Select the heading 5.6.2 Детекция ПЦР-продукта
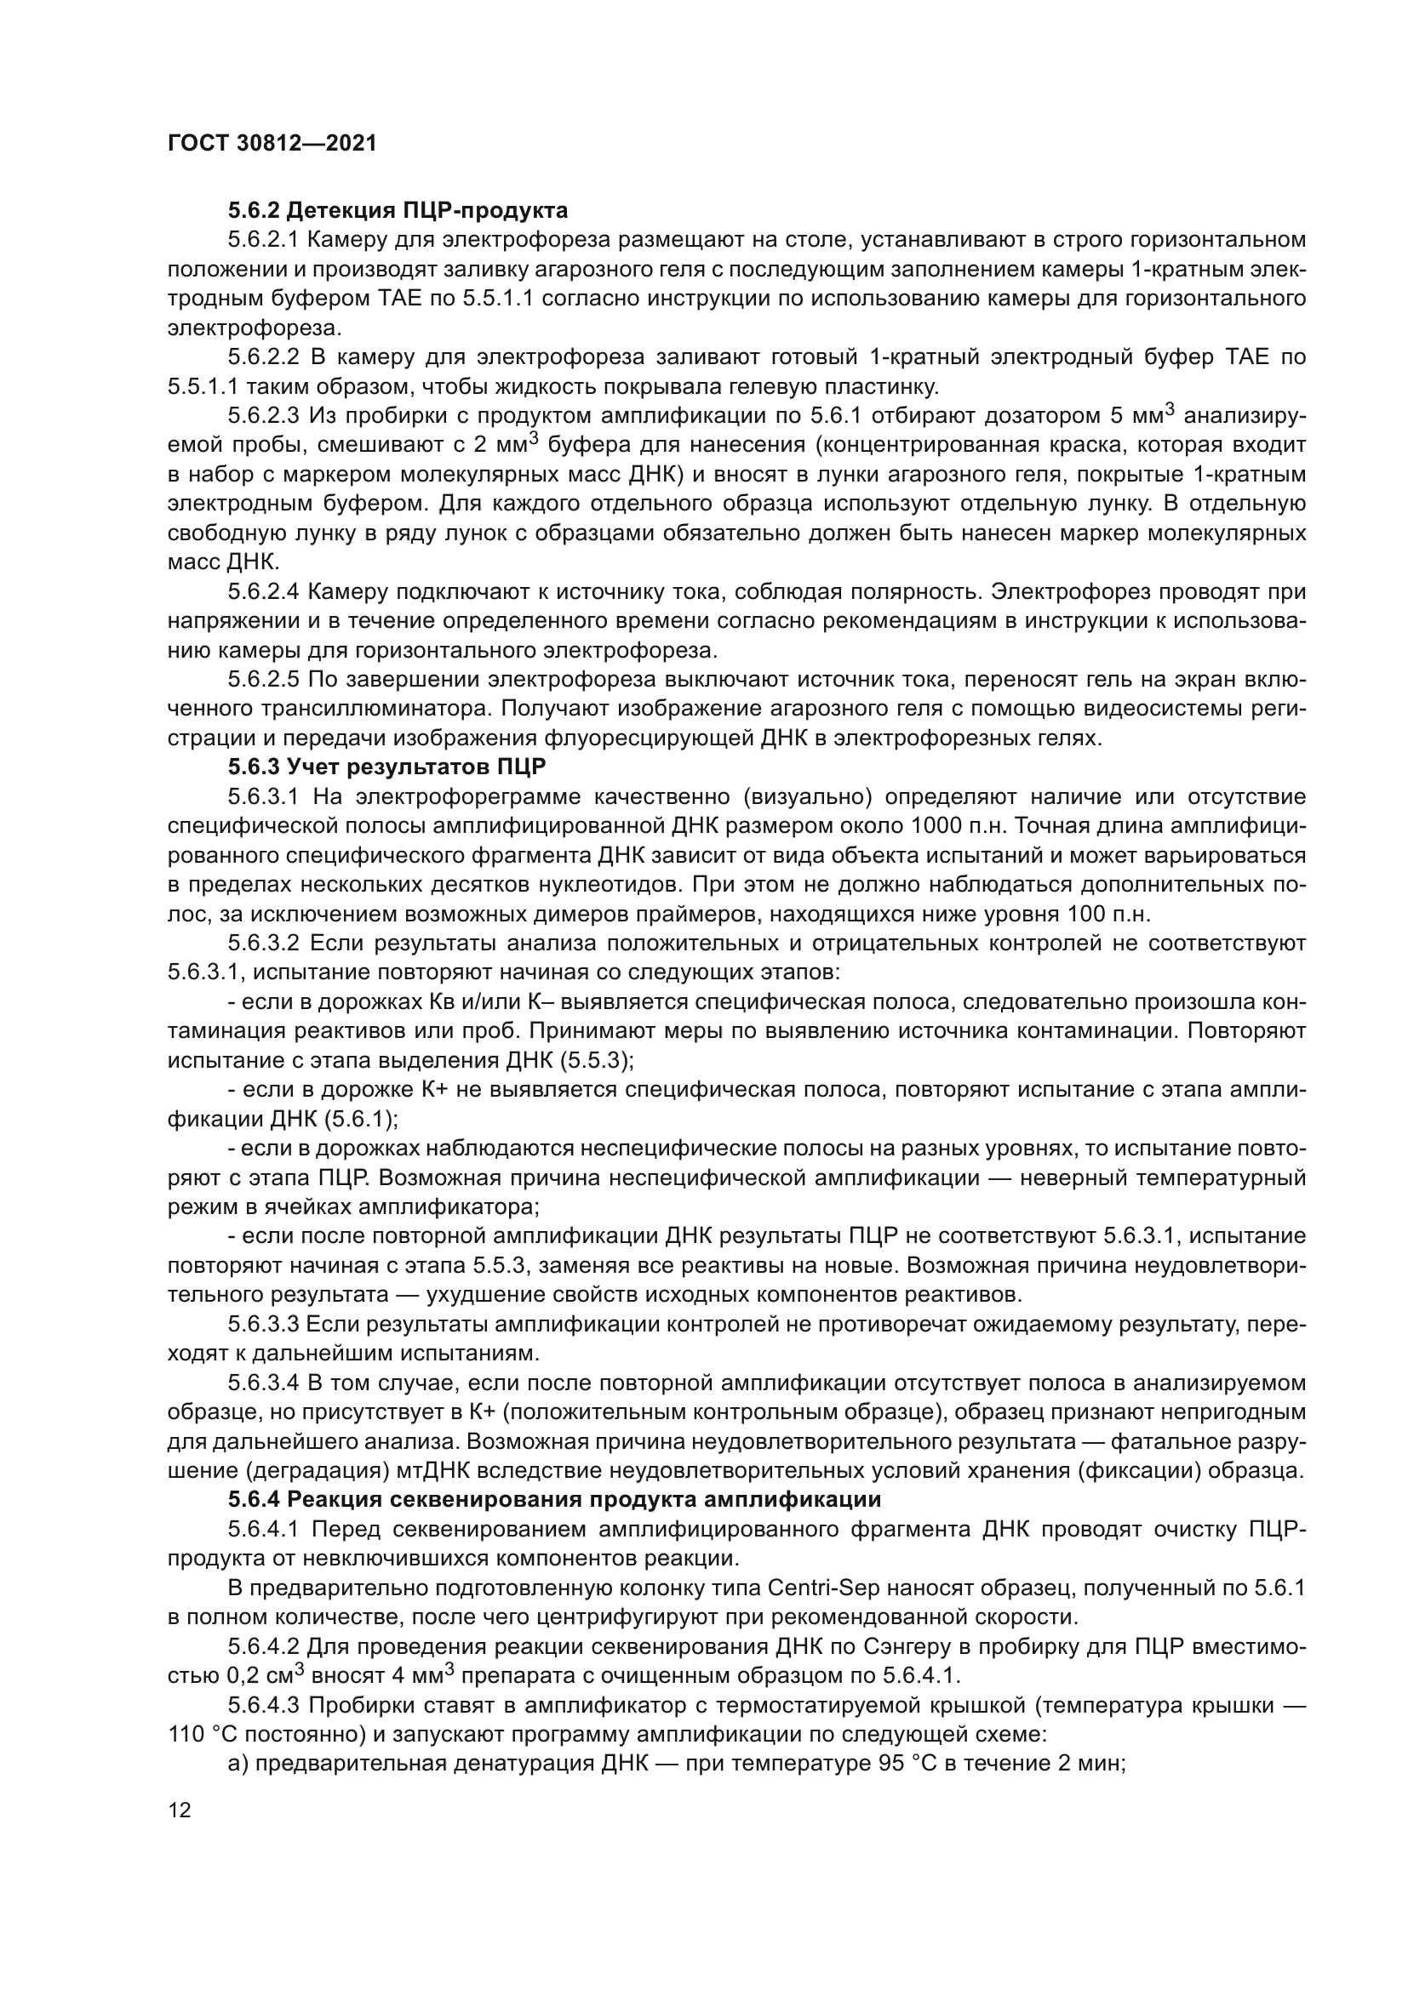(x=398, y=210)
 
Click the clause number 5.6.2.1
(x=264, y=239)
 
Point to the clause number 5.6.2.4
(x=264, y=591)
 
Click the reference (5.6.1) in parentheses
(x=362, y=1119)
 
